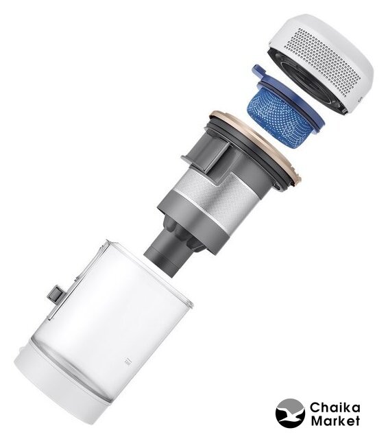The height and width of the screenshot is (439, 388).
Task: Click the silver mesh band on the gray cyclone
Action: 221,196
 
